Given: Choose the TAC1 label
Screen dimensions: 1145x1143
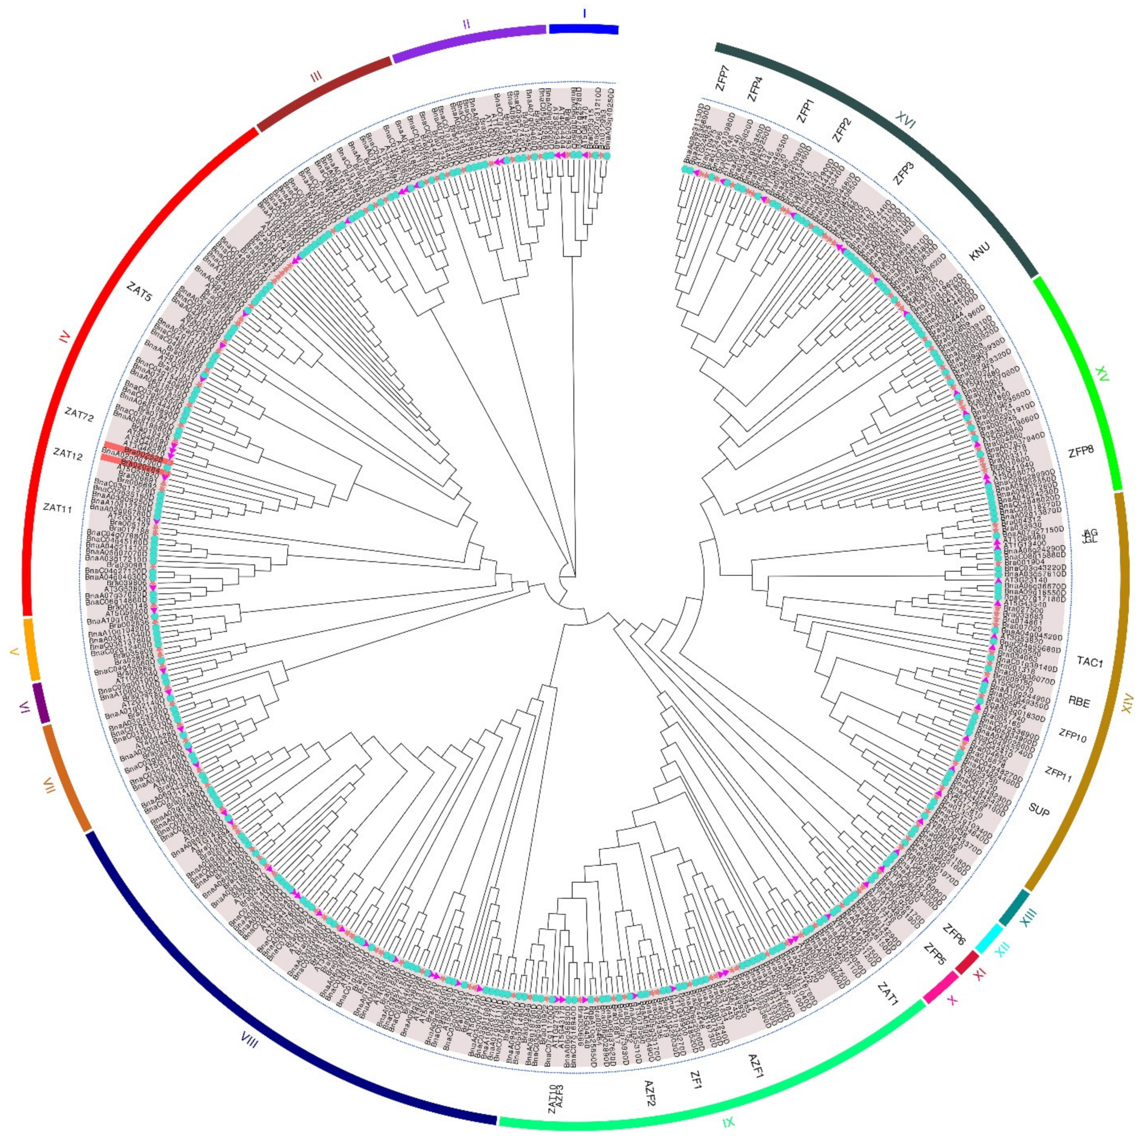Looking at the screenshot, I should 1090,662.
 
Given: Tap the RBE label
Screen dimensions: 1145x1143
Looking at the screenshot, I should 1079,703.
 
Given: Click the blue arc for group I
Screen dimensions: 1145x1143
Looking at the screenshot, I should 584,29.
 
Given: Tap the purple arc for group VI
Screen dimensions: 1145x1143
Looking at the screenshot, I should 40,702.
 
